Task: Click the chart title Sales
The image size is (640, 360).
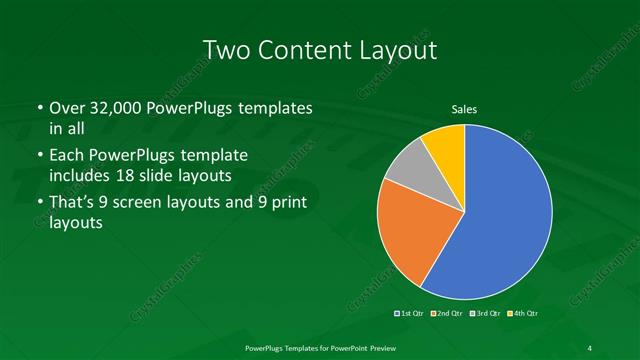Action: coord(464,109)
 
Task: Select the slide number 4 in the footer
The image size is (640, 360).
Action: coord(590,347)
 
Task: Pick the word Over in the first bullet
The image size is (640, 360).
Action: coord(67,108)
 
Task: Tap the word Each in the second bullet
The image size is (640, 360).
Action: coord(68,156)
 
